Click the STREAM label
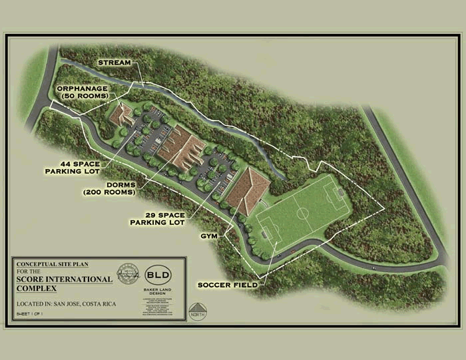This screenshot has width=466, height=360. click(115, 63)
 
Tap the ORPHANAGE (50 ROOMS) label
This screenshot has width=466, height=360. click(83, 92)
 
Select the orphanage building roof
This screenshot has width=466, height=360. click(122, 114)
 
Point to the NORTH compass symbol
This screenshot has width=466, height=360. click(198, 313)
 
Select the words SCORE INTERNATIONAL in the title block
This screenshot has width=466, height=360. click(64, 279)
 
